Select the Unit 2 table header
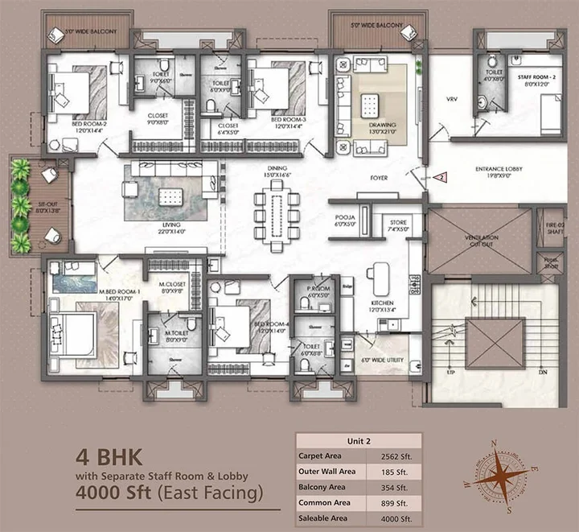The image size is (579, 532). click(x=359, y=440)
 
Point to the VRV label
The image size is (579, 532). click(x=452, y=100)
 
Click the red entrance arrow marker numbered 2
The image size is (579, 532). click(x=440, y=175)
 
